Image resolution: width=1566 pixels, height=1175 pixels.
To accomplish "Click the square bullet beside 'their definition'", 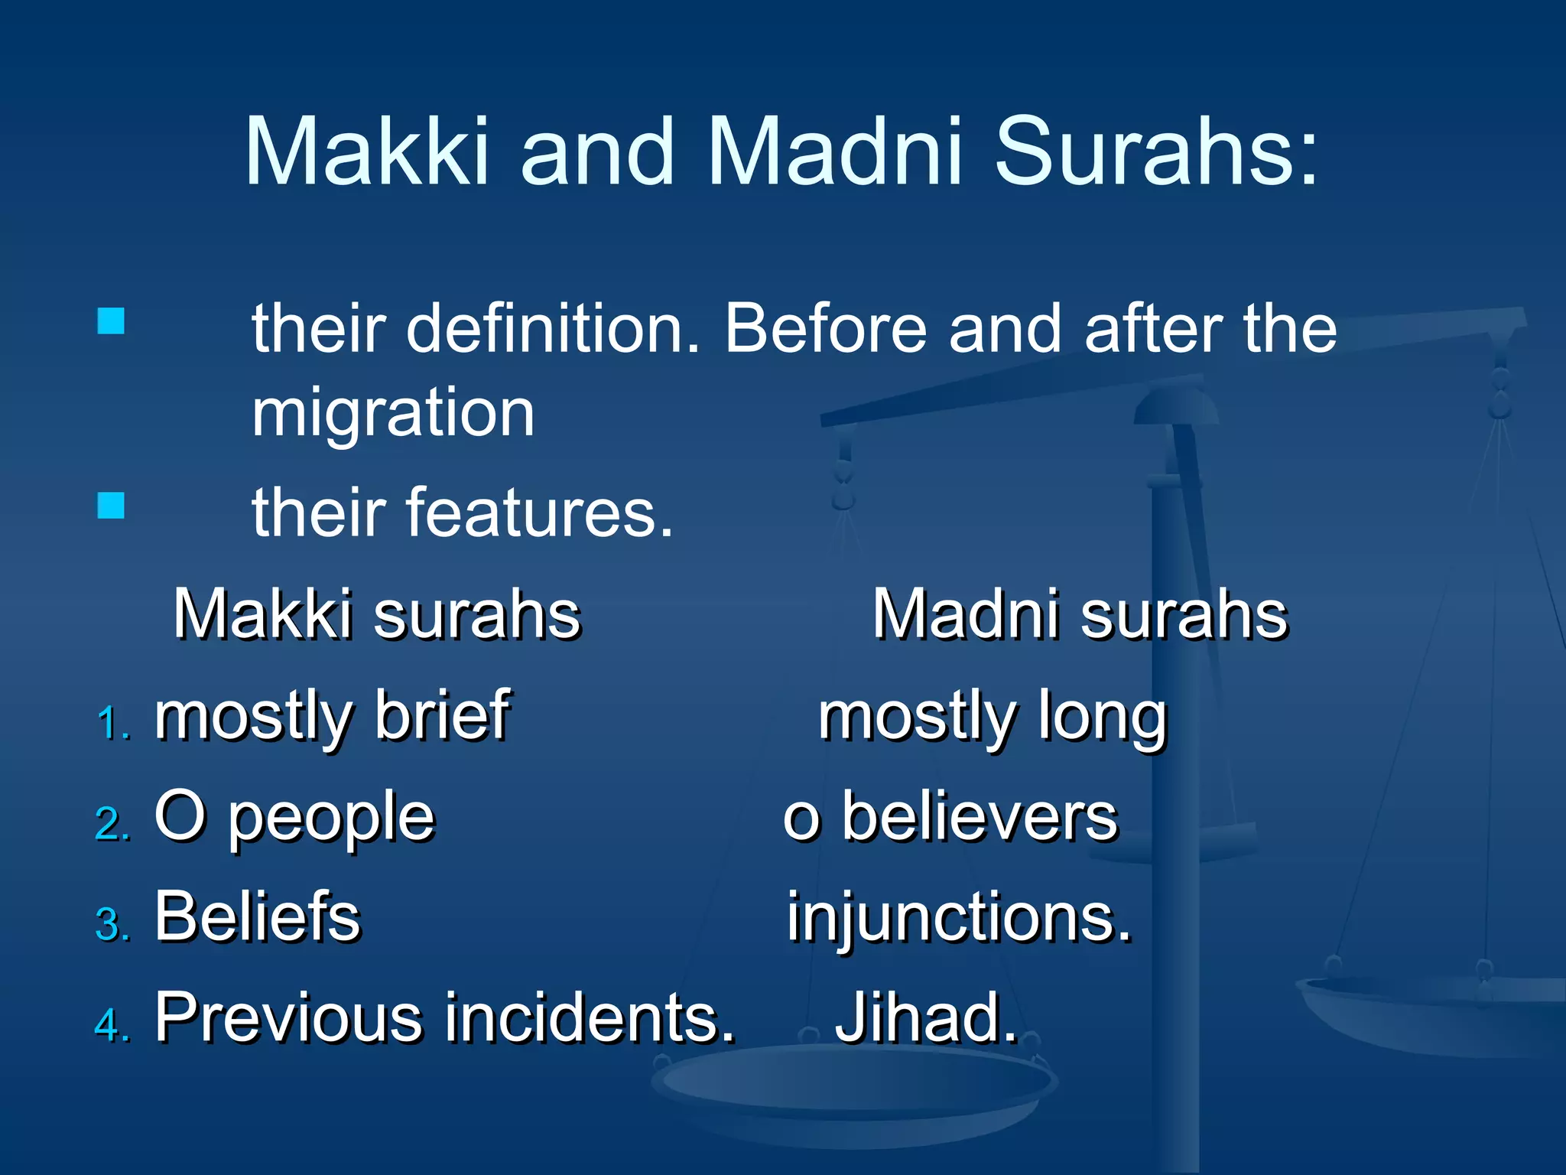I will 111,321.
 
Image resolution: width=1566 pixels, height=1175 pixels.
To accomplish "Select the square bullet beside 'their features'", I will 111,506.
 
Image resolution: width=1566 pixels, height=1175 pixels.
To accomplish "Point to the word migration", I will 393,413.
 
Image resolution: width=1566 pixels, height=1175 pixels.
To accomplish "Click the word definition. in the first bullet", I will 552,329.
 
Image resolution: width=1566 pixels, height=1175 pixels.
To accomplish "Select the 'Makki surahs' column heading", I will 377,614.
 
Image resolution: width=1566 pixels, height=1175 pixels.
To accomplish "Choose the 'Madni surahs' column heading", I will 1080,614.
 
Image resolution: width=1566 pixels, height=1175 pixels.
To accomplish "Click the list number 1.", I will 113,724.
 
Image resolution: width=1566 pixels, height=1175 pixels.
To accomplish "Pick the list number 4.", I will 113,1025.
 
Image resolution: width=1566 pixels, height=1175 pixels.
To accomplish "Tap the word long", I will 1102,719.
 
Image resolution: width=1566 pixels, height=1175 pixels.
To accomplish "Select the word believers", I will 980,817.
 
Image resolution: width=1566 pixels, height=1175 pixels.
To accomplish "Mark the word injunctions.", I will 959,918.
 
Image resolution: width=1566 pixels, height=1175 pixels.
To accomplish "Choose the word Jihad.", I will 926,1017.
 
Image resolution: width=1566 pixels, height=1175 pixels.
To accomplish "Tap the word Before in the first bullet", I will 826,329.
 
